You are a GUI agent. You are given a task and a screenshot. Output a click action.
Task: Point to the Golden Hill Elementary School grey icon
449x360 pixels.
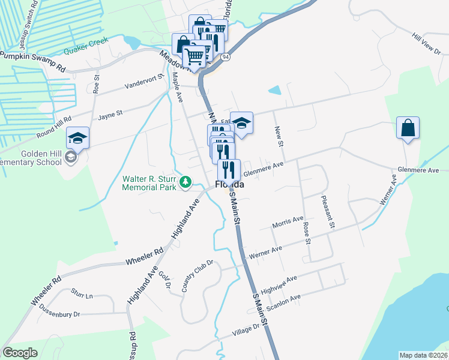pyautogui.click(x=70, y=157)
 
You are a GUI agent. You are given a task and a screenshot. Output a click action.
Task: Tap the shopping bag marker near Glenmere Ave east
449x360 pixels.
pyautogui.click(x=408, y=128)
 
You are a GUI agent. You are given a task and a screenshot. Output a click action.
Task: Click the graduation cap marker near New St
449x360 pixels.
pyautogui.click(x=241, y=124)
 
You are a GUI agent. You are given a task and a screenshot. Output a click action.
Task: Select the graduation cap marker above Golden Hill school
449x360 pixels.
pyautogui.click(x=78, y=139)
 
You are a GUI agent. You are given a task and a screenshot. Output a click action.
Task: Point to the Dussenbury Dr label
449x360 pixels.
pyautogui.click(x=59, y=310)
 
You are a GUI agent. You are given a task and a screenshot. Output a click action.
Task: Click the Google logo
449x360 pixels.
pyautogui.click(x=20, y=353)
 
